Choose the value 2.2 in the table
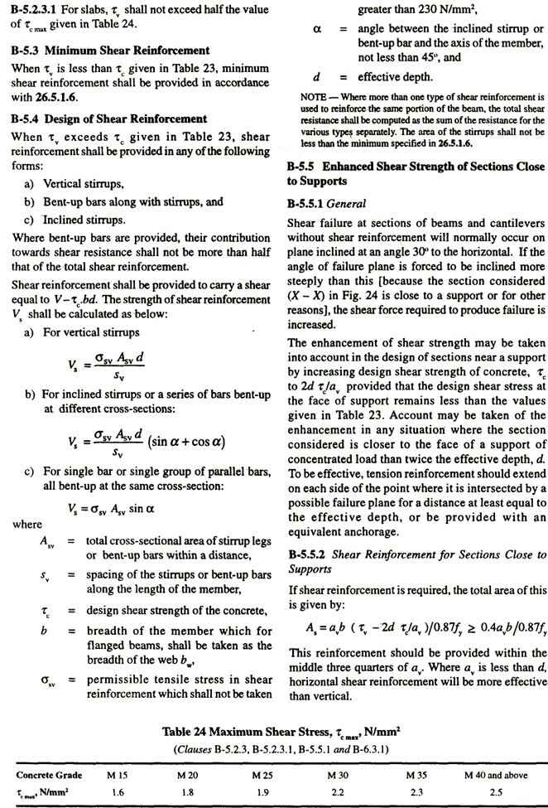pos(337,791)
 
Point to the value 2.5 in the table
pos(496,791)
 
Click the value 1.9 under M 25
pos(264,791)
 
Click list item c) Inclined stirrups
pos(75,220)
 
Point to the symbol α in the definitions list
pos(316,29)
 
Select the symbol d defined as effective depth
pos(316,77)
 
